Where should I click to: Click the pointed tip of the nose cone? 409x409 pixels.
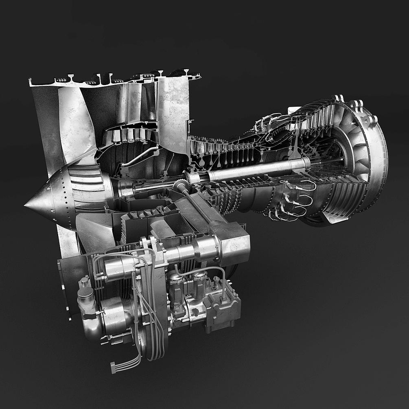point(26,205)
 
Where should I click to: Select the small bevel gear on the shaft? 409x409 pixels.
point(188,177)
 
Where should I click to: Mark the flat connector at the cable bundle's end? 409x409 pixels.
point(114,367)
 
